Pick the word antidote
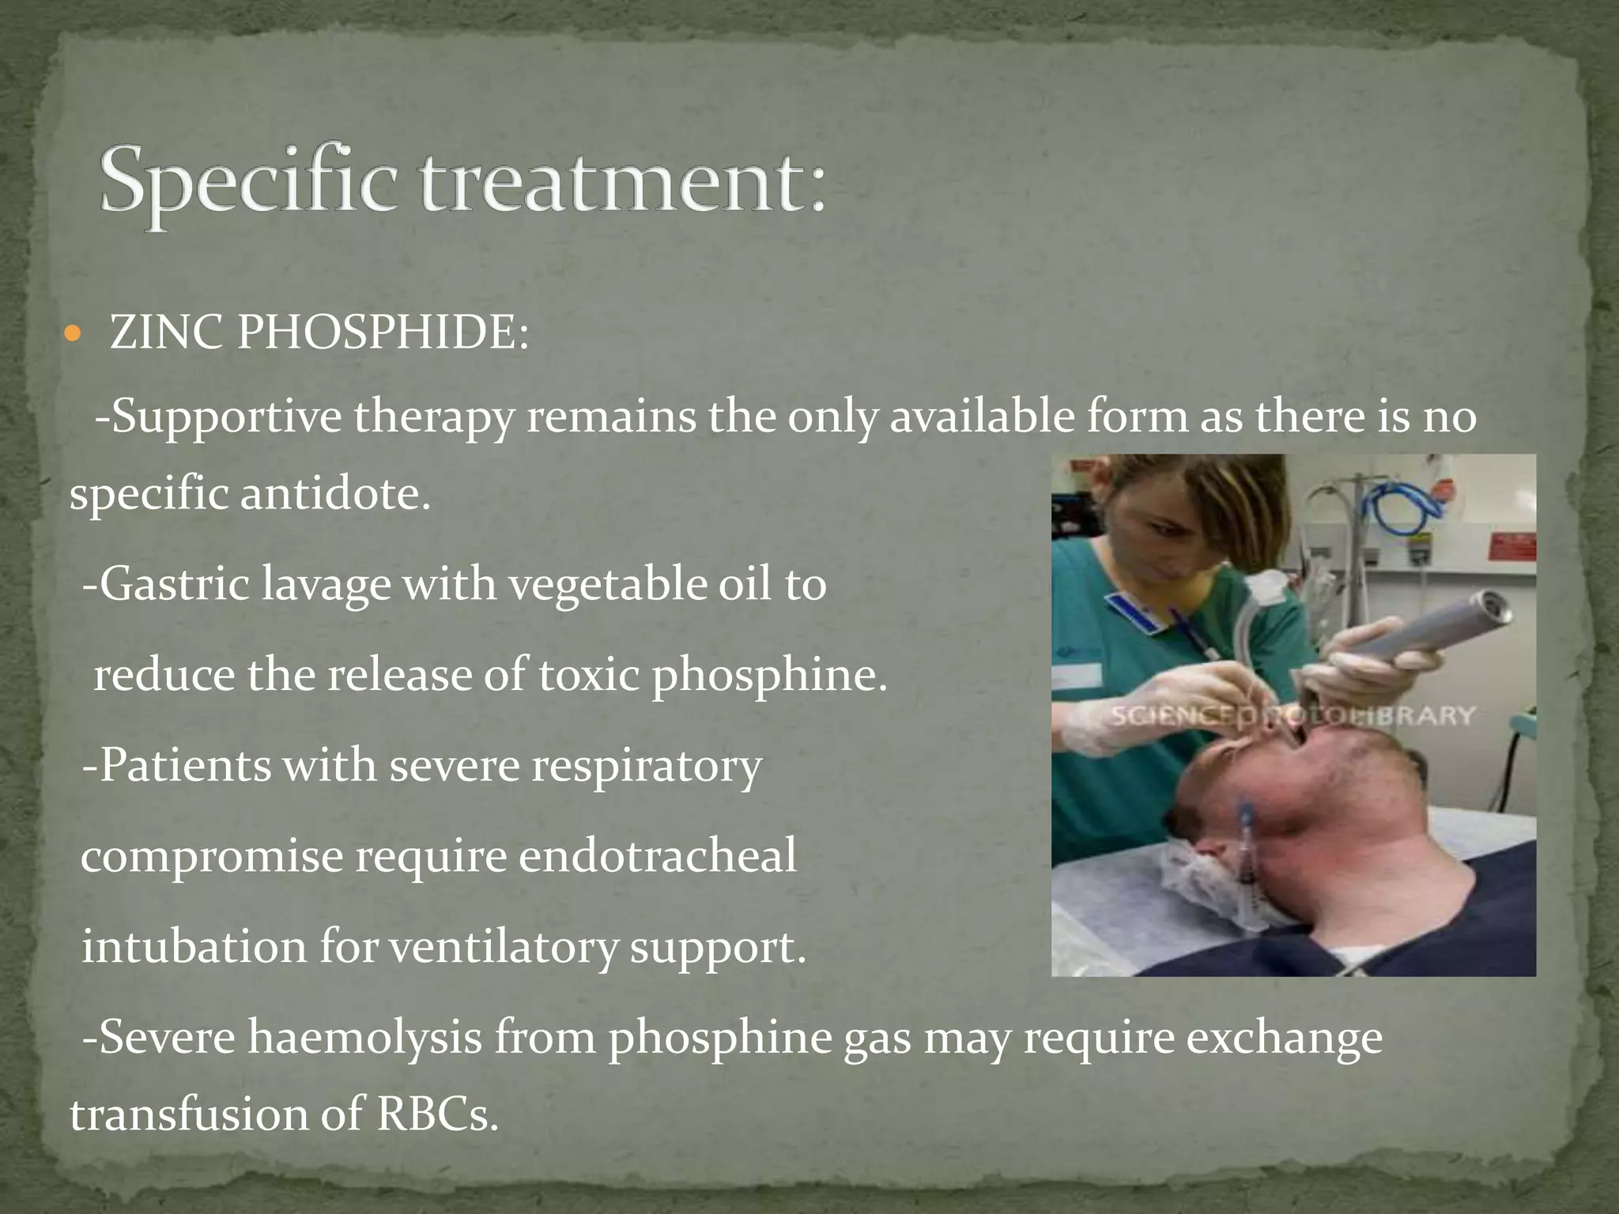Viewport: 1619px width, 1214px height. tap(335, 495)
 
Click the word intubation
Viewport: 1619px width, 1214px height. tap(194, 947)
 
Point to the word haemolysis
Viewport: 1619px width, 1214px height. tap(364, 1037)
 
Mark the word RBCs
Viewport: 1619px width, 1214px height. tap(437, 1114)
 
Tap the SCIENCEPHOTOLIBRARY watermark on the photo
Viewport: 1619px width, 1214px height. tap(1293, 716)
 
